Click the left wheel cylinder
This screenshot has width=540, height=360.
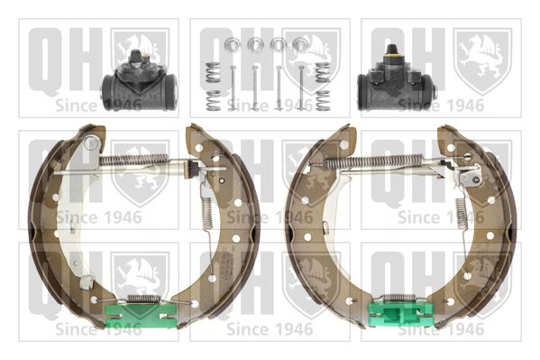tap(139, 87)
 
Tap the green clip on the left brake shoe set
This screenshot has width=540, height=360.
tap(141, 316)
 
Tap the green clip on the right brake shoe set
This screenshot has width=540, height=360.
tap(401, 315)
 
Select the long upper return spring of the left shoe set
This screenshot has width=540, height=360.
tap(133, 160)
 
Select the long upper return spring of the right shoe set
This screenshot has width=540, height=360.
tap(375, 161)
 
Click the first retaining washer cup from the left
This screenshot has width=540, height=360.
tap(233, 44)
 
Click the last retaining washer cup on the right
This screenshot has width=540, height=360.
tap(299, 44)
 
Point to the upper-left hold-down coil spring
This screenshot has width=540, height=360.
tap(213, 72)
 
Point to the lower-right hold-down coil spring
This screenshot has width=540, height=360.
tap(323, 100)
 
